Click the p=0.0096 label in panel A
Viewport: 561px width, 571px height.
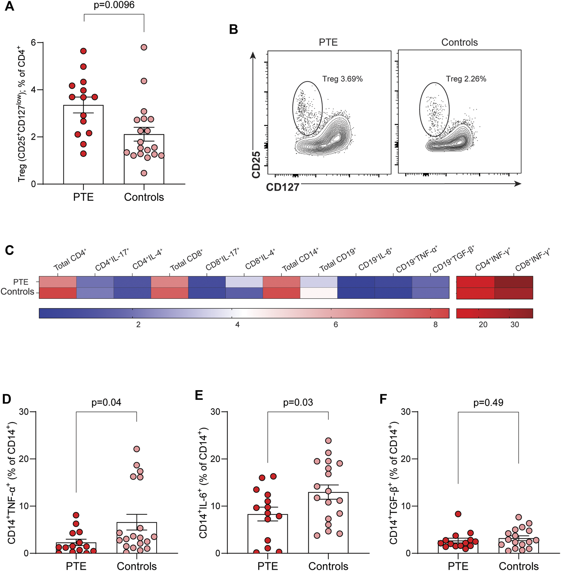[x=114, y=5]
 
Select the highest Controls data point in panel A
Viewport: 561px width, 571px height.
[x=144, y=47]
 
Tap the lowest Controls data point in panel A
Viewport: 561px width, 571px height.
[x=144, y=173]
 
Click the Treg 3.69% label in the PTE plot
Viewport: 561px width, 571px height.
[x=342, y=79]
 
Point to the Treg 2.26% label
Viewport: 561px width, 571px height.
[x=466, y=79]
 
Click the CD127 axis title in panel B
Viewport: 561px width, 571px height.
[x=283, y=187]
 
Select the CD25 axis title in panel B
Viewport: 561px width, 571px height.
[x=256, y=164]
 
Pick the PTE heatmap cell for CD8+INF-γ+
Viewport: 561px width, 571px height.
[x=514, y=282]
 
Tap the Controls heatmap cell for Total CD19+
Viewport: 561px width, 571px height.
[x=319, y=293]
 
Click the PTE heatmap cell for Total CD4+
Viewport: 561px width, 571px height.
[x=58, y=282]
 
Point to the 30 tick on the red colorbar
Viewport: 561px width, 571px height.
[x=514, y=325]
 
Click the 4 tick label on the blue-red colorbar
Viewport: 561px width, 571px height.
[x=237, y=325]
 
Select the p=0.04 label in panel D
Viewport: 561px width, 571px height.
[x=106, y=402]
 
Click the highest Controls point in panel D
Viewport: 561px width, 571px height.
[x=137, y=449]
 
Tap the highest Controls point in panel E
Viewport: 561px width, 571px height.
[x=328, y=441]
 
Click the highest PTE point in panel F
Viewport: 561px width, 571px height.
[x=458, y=514]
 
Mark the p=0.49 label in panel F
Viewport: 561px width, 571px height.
[x=488, y=402]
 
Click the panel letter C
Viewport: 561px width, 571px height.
[x=9, y=250]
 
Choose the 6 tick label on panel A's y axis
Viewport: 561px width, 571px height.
[x=33, y=43]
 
